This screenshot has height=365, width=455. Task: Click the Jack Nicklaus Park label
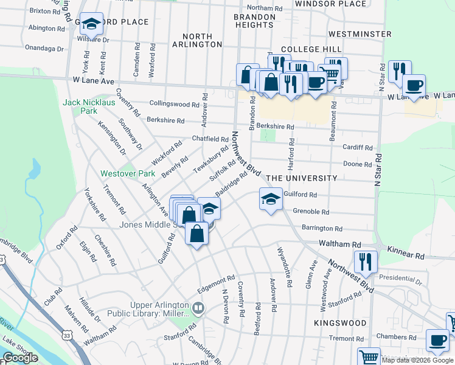(88, 107)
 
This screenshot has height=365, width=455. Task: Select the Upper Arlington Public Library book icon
(198, 307)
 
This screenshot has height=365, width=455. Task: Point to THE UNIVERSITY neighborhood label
(302, 178)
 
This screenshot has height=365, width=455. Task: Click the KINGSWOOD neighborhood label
(341, 323)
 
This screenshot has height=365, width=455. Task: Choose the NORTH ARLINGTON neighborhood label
(197, 40)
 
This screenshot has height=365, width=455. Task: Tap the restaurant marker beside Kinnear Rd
(365, 262)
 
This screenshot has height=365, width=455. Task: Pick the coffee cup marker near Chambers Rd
(437, 339)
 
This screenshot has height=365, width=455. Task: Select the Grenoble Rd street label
(311, 212)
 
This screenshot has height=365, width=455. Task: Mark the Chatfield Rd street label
(210, 139)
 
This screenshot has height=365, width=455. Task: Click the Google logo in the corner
(20, 358)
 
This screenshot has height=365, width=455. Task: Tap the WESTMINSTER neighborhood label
(359, 34)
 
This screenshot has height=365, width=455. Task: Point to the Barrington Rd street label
(322, 229)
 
